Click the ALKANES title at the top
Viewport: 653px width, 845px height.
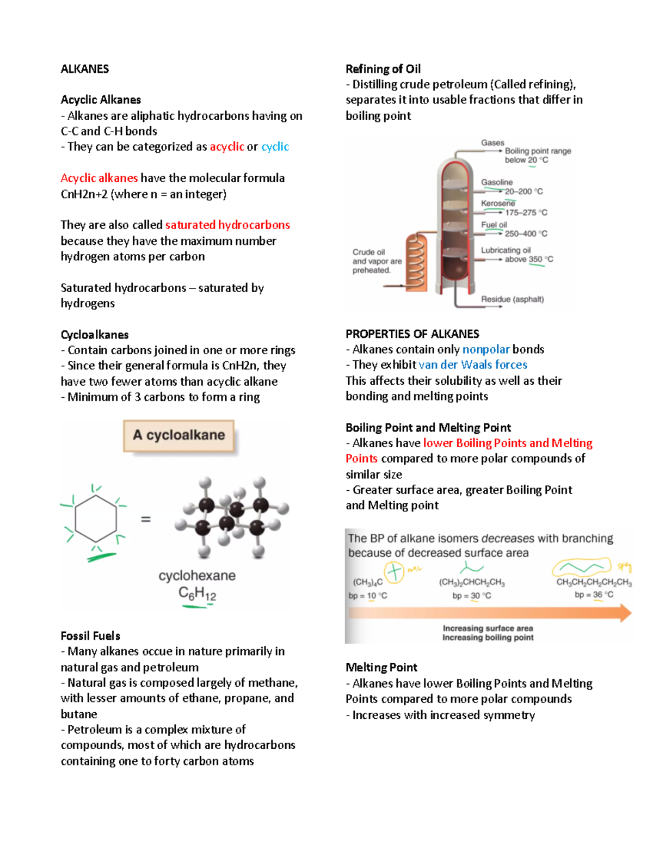[x=84, y=69]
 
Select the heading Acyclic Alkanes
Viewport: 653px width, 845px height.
[x=101, y=100]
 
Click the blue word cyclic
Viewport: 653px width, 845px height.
[x=275, y=147]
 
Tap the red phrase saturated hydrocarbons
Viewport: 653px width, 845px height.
[x=227, y=225]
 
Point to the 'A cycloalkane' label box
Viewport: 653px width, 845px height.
[x=178, y=435]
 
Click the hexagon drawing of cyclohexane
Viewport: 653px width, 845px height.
[x=96, y=519]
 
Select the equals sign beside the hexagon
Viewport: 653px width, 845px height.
[x=146, y=520]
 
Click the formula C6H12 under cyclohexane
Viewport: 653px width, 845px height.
[x=197, y=594]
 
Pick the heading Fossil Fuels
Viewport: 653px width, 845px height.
[x=90, y=636]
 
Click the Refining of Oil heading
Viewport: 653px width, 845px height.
[x=383, y=69]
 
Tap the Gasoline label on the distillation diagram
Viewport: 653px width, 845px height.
[x=496, y=182]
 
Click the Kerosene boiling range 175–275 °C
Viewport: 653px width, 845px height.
[x=526, y=213]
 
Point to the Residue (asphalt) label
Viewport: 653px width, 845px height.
[x=512, y=299]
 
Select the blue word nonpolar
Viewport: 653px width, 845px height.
[x=486, y=349]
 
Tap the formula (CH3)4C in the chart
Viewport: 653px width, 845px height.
[x=368, y=582]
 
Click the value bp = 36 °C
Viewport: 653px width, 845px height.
[x=594, y=595]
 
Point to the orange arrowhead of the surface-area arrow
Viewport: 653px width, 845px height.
[x=625, y=613]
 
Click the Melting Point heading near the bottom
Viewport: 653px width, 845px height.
[x=381, y=668]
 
